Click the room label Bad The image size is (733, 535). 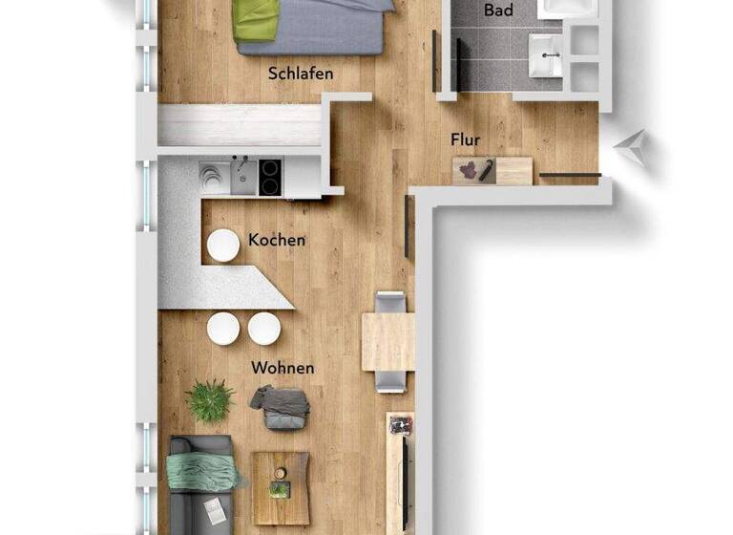coord(497,11)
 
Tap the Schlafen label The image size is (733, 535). coord(301,73)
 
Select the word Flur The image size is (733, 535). coord(466,139)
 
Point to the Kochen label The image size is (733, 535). coord(277,240)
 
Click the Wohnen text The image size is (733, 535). coord(283,368)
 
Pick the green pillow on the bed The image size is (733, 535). coord(256,19)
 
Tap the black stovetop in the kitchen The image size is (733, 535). coord(271,177)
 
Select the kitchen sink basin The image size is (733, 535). coord(242,177)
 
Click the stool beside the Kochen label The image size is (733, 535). coord(223,245)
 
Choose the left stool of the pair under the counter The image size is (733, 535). coord(223,329)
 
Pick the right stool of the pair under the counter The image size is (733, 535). coord(264,329)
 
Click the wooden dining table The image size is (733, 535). coord(387,341)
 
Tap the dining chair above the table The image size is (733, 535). coord(389,302)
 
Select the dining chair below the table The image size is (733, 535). coord(389,381)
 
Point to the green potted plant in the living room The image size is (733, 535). coord(210,400)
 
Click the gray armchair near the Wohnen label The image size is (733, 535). coord(282,407)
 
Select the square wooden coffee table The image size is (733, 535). coord(281,487)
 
